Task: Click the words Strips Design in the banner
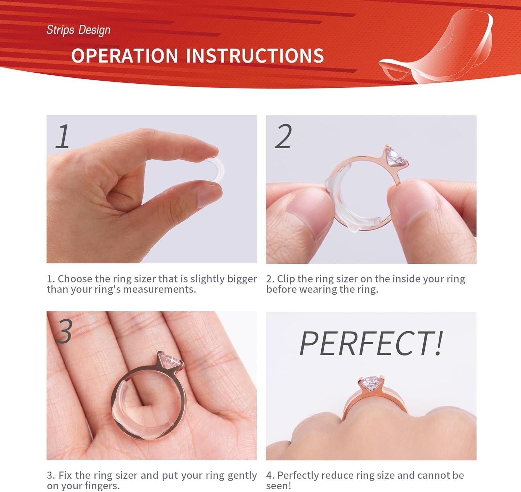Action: (x=78, y=30)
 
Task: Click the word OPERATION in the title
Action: (x=125, y=56)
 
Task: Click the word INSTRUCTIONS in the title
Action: (x=255, y=56)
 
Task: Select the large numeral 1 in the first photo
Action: (x=63, y=136)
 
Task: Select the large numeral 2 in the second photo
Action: (x=283, y=136)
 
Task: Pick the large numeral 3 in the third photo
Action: (x=64, y=331)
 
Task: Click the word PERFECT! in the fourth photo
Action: (x=371, y=343)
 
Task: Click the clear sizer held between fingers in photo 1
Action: (x=216, y=169)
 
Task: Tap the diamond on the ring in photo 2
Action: (x=396, y=157)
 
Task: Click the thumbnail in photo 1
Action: (x=208, y=196)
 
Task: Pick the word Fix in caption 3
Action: (x=65, y=475)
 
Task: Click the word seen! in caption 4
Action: (x=279, y=486)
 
